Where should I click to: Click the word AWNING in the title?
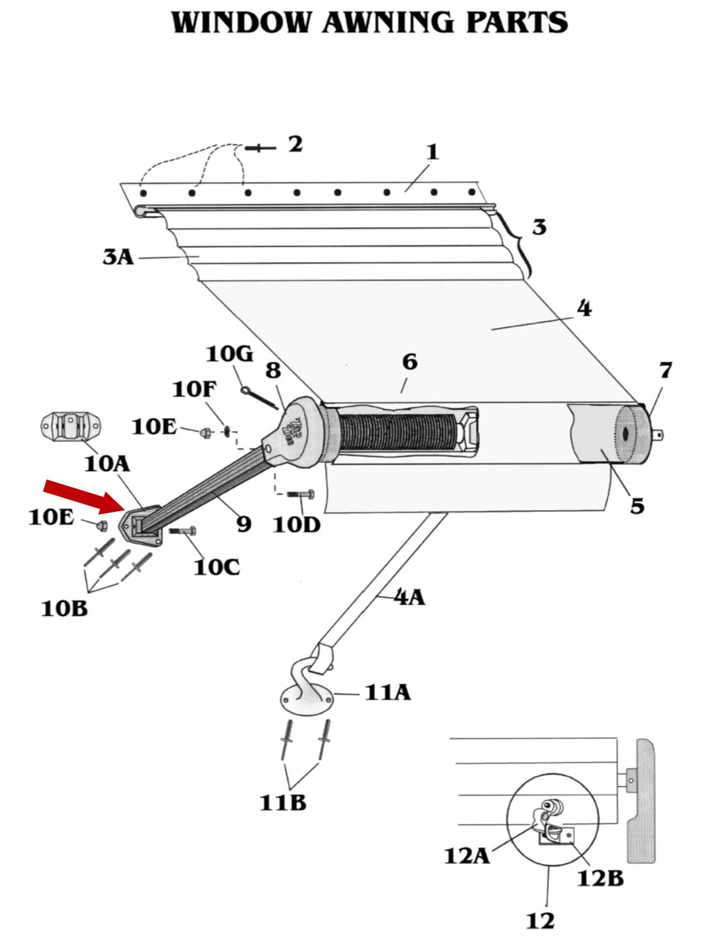pos(388,22)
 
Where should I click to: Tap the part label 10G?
pos(229,354)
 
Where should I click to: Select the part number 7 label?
pos(665,370)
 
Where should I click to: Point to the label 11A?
pos(388,693)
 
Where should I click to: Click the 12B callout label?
pos(600,878)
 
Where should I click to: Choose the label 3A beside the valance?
pos(118,257)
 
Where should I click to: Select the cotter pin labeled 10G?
pos(259,399)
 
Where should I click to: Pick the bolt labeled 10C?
pos(182,530)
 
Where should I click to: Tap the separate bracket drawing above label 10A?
pos(70,427)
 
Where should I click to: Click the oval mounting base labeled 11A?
pos(307,700)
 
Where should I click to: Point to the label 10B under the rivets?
pos(65,608)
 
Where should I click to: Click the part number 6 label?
pos(409,362)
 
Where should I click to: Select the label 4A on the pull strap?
pos(409,597)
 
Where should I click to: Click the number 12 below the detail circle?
pos(540,921)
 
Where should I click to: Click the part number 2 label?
pos(295,144)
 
